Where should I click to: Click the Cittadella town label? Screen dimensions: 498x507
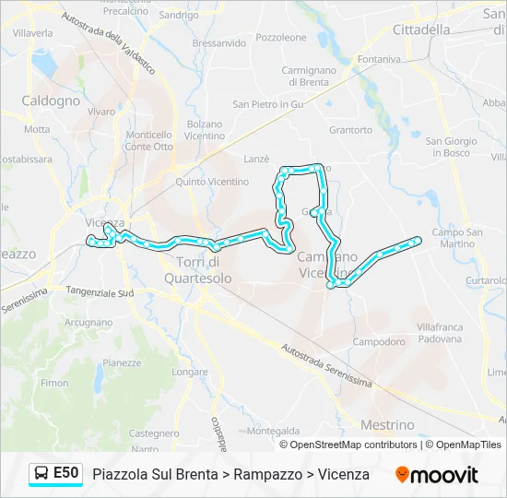pos(421,30)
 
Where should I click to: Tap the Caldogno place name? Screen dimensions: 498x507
pos(51,101)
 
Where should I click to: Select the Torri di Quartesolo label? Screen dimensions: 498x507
pos(204,270)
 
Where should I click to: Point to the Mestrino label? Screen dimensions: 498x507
pos(388,425)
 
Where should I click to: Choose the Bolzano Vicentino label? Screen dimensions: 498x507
pos(204,130)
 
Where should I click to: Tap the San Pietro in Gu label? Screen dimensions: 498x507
pos(268,104)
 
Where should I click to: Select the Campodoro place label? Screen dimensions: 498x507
pos(378,341)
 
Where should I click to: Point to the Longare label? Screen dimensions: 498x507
pos(190,373)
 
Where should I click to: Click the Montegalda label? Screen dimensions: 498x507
pos(274,431)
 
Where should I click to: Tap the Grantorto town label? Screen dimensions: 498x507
pos(349,130)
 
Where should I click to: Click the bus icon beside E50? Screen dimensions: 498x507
pos(41,474)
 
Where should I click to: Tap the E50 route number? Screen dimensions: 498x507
pos(65,473)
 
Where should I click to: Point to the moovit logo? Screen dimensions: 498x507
pos(437,475)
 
